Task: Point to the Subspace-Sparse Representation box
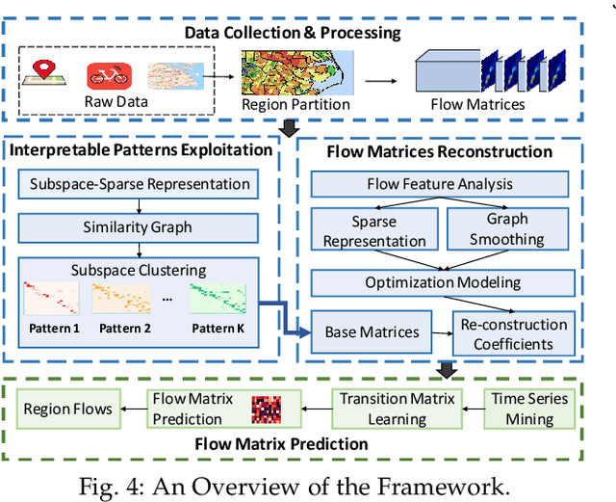[x=141, y=184]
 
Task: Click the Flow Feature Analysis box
[x=439, y=183]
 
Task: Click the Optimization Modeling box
[x=442, y=282]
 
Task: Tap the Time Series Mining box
[x=530, y=408]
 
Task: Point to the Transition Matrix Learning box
[x=397, y=408]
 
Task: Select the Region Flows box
[x=67, y=409]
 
